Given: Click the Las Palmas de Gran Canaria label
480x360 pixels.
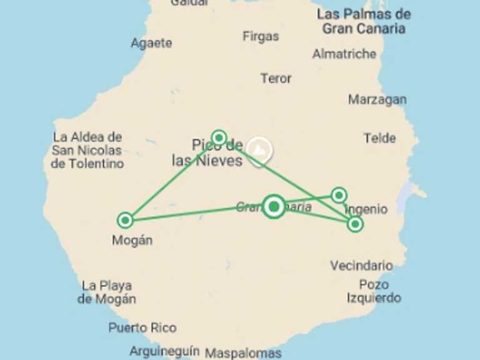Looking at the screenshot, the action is coord(363,21).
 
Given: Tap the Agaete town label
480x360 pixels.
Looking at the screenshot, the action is coord(151,43).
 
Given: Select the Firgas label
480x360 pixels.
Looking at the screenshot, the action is coord(261,36).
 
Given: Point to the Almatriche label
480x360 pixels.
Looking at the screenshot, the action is coord(344,54).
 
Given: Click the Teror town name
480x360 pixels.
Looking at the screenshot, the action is coord(276,78).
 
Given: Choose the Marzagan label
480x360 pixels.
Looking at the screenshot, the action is coord(377,99).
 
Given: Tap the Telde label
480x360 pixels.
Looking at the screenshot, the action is coord(379,138).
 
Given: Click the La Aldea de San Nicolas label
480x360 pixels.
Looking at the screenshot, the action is coord(87,150).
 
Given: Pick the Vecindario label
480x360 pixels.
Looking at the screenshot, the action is coord(361,266).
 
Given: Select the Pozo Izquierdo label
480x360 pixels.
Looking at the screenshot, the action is coord(374,291).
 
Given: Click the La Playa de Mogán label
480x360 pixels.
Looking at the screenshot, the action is coord(107,292).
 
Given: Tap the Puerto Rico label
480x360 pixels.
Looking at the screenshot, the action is coord(142,327).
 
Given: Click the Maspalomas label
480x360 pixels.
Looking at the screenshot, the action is coord(243,352).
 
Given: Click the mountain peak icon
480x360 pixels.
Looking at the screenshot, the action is coord(258,150).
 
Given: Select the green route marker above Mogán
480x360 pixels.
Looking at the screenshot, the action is coord(125,220).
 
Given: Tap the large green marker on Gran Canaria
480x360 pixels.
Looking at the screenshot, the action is coord(274,206).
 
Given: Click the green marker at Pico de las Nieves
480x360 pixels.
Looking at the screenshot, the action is coord(219,137).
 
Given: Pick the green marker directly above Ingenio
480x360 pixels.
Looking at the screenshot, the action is coord(339,195).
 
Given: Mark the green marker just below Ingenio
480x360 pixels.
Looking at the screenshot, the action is coord(355,224).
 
